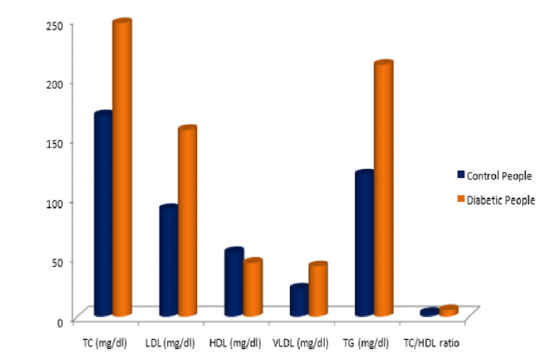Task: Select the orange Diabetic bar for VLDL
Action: pyautogui.click(x=317, y=289)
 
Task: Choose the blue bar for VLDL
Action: pyautogui.click(x=299, y=300)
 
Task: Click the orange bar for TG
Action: pyautogui.click(x=382, y=188)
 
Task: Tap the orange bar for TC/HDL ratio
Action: pyautogui.click(x=448, y=311)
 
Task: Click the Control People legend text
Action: pyautogui.click(x=500, y=175)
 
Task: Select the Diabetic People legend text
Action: pyautogui.click(x=501, y=200)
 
